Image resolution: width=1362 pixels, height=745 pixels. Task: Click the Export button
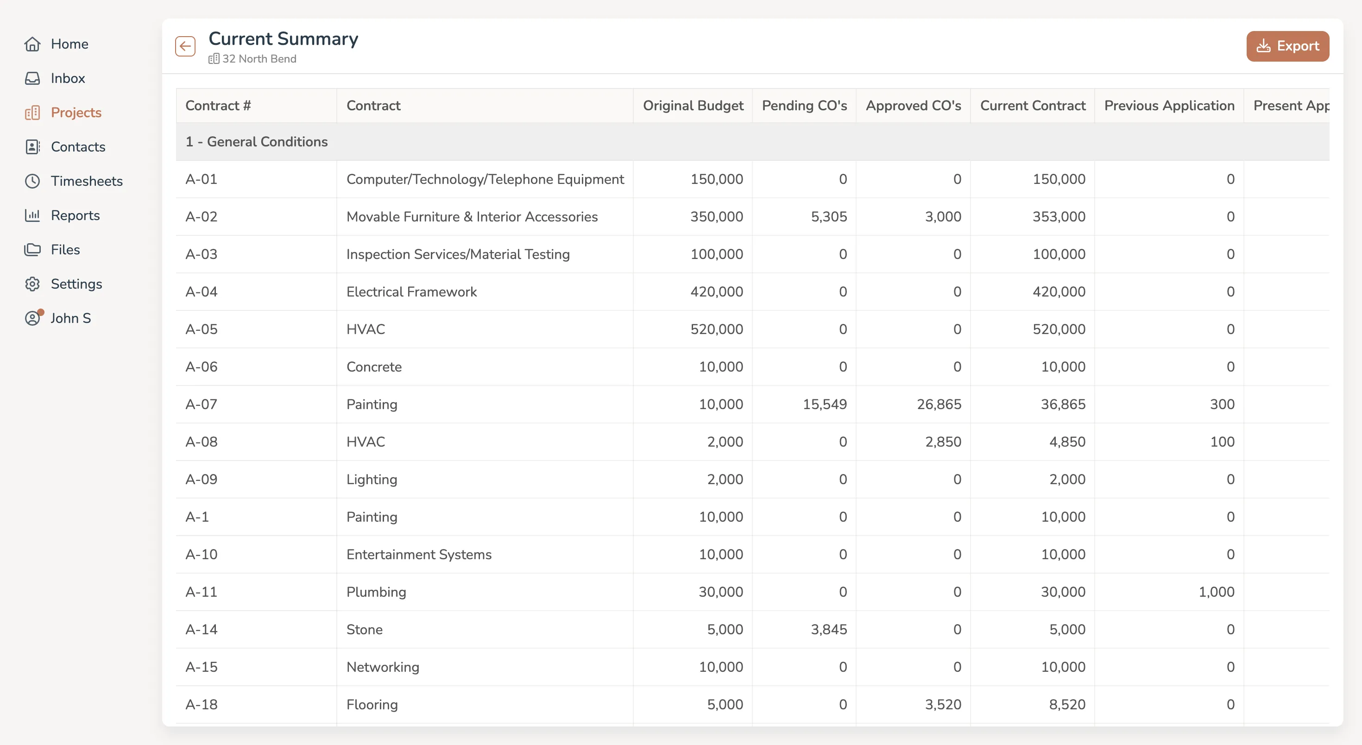pyautogui.click(x=1287, y=46)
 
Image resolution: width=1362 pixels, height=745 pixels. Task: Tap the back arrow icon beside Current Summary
pyautogui.click(x=185, y=46)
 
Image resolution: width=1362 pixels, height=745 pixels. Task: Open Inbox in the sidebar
pyautogui.click(x=67, y=78)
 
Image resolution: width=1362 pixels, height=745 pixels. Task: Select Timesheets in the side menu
pyautogui.click(x=86, y=181)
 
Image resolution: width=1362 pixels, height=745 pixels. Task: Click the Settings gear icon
pyautogui.click(x=32, y=284)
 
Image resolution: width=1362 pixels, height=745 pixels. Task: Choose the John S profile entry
pyautogui.click(x=70, y=318)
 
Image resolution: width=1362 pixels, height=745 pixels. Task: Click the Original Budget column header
pyautogui.click(x=693, y=106)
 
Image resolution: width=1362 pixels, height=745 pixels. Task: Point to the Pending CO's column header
pyautogui.click(x=804, y=106)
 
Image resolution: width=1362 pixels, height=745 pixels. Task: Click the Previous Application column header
pyautogui.click(x=1169, y=106)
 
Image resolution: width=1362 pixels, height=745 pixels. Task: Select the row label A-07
pyautogui.click(x=202, y=404)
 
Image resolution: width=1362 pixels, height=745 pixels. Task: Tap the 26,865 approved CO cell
pyautogui.click(x=939, y=404)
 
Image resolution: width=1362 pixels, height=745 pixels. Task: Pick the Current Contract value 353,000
pyautogui.click(x=1059, y=217)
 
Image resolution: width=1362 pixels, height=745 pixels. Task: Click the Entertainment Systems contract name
pyautogui.click(x=419, y=555)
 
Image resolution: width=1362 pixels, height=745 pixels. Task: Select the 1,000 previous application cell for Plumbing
pyautogui.click(x=1216, y=592)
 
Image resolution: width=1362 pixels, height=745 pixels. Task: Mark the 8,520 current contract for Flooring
pyautogui.click(x=1067, y=705)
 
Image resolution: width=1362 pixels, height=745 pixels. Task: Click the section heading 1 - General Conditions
pyautogui.click(x=257, y=142)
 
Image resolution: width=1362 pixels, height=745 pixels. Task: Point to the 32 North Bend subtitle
pyautogui.click(x=259, y=59)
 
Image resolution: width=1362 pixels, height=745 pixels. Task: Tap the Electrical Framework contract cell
pyautogui.click(x=411, y=292)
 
